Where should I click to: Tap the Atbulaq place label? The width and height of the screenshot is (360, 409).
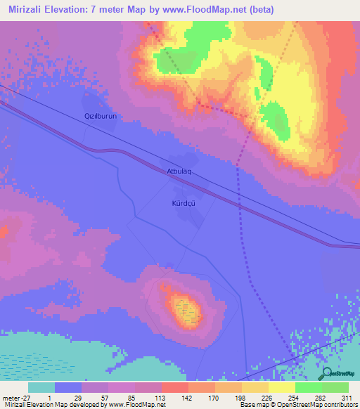click(x=180, y=171)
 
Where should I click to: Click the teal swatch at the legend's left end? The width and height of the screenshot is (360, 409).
click(x=41, y=387)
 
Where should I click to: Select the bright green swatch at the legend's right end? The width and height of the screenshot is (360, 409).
click(x=335, y=387)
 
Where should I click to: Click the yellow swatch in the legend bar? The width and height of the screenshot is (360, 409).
click(x=281, y=387)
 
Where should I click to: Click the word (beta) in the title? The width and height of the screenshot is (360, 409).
click(x=257, y=10)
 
